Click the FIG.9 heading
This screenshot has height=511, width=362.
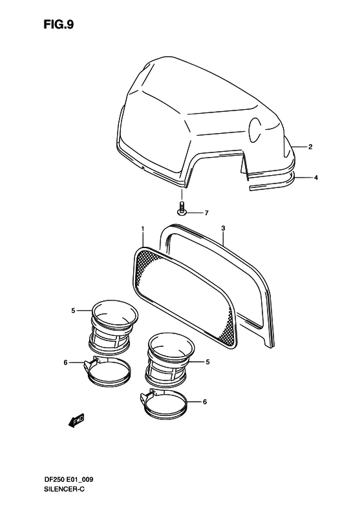pyautogui.click(x=59, y=24)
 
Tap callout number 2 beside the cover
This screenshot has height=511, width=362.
pyautogui.click(x=310, y=147)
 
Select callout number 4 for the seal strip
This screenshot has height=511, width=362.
pyautogui.click(x=315, y=178)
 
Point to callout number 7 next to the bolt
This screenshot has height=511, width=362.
pyautogui.click(x=206, y=213)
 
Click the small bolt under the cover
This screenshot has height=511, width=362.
pyautogui.click(x=182, y=209)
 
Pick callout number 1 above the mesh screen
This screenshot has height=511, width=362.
pyautogui.click(x=142, y=230)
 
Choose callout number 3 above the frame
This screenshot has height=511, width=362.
pyautogui.click(x=223, y=229)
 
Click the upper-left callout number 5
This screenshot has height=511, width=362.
pyautogui.click(x=74, y=311)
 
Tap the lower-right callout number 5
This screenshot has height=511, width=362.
pyautogui.click(x=208, y=362)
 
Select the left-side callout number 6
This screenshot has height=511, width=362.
pyautogui.click(x=65, y=362)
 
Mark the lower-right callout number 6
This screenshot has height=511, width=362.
pyautogui.click(x=205, y=402)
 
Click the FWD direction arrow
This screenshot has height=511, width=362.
pyautogui.click(x=77, y=421)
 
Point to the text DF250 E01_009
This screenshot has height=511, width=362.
pyautogui.click(x=68, y=480)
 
